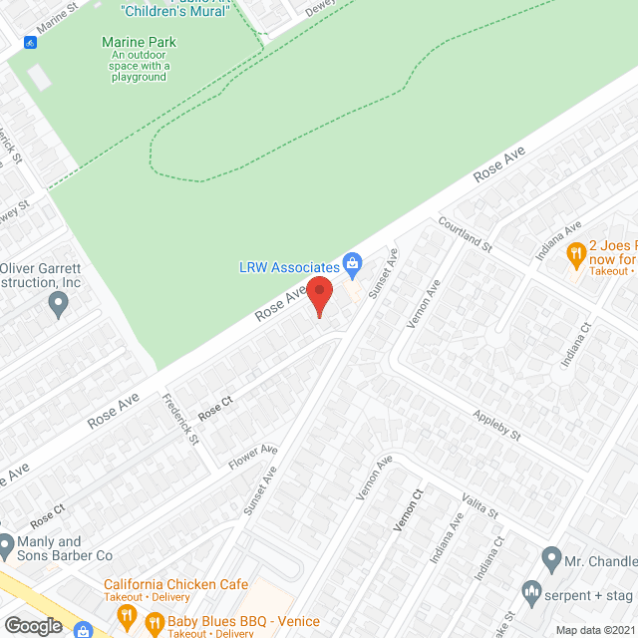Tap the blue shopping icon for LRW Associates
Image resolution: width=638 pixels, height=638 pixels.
point(351,264)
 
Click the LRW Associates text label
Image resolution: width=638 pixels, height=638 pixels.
point(289,267)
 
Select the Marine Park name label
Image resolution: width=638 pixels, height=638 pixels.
point(139,42)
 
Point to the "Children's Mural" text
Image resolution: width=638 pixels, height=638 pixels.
point(175,11)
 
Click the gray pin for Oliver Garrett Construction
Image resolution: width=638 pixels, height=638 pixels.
point(58,305)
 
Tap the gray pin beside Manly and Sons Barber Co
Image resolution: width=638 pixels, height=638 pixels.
point(7,546)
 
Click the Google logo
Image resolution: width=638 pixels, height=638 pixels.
point(32,625)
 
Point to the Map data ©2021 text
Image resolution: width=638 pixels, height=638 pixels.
point(594,629)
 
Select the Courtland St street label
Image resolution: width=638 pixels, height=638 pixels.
point(466,235)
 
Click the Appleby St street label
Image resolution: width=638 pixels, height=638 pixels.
point(497,426)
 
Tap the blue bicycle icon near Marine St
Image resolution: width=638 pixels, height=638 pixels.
point(31,43)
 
